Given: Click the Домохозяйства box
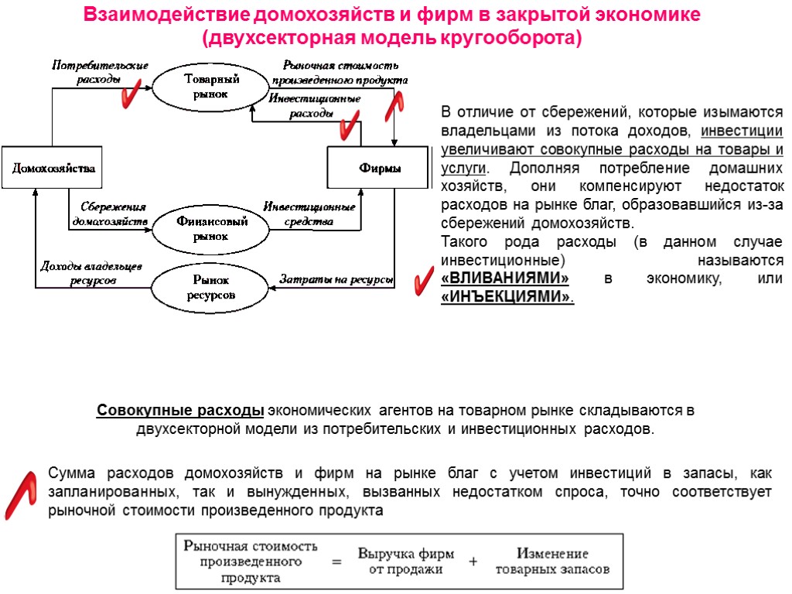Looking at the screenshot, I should [x=53, y=168].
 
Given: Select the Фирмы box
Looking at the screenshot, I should [x=380, y=168].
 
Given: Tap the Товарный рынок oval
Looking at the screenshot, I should [x=205, y=85].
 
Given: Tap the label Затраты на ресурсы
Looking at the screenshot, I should [x=336, y=279].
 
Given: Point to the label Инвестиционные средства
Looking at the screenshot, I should [x=309, y=214].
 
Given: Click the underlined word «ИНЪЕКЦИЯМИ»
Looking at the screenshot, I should [x=507, y=296].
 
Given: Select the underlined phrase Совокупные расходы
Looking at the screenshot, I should [x=180, y=410].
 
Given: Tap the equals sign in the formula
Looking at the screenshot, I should [x=336, y=562].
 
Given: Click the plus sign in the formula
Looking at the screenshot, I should [x=473, y=562].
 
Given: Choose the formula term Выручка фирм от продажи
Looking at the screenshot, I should [x=405, y=562].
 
